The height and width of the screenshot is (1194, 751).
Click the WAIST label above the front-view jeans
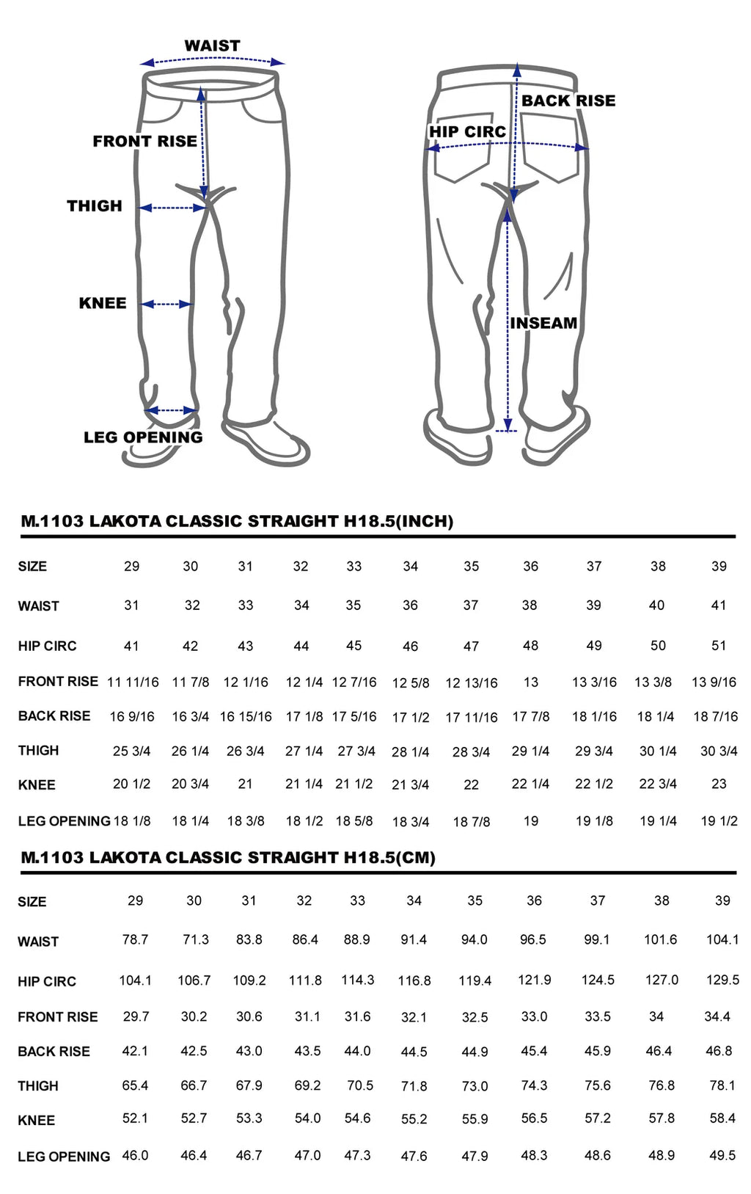(x=212, y=45)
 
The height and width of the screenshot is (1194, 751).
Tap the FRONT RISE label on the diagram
(x=144, y=141)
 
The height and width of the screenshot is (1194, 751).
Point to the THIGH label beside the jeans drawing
(x=95, y=206)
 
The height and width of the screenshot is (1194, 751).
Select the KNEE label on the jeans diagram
(x=103, y=303)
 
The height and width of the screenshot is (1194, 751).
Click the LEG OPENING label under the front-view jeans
(x=143, y=437)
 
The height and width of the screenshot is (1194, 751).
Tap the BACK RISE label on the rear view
(x=568, y=101)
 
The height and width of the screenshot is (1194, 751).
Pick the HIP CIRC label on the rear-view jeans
(x=467, y=131)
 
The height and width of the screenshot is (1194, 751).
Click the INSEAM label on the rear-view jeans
(x=543, y=323)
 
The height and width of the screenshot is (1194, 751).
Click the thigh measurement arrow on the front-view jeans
(x=173, y=208)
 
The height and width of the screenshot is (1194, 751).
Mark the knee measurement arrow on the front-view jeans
(x=166, y=304)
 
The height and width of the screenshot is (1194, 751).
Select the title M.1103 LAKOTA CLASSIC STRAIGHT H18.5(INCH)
(x=237, y=521)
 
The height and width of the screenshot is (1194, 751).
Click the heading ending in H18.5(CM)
(x=228, y=857)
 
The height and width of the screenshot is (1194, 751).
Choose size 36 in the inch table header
(x=530, y=567)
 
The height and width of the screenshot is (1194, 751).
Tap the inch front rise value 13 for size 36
(x=530, y=682)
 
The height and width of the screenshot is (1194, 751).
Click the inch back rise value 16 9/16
(x=132, y=716)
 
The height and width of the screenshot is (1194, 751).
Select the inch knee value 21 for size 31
(x=245, y=784)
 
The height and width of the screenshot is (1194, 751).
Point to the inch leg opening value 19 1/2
(x=719, y=820)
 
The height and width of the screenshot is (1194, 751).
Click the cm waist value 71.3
(x=195, y=939)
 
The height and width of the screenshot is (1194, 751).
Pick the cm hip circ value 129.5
(x=722, y=980)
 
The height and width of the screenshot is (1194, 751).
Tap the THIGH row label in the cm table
(x=38, y=1085)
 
